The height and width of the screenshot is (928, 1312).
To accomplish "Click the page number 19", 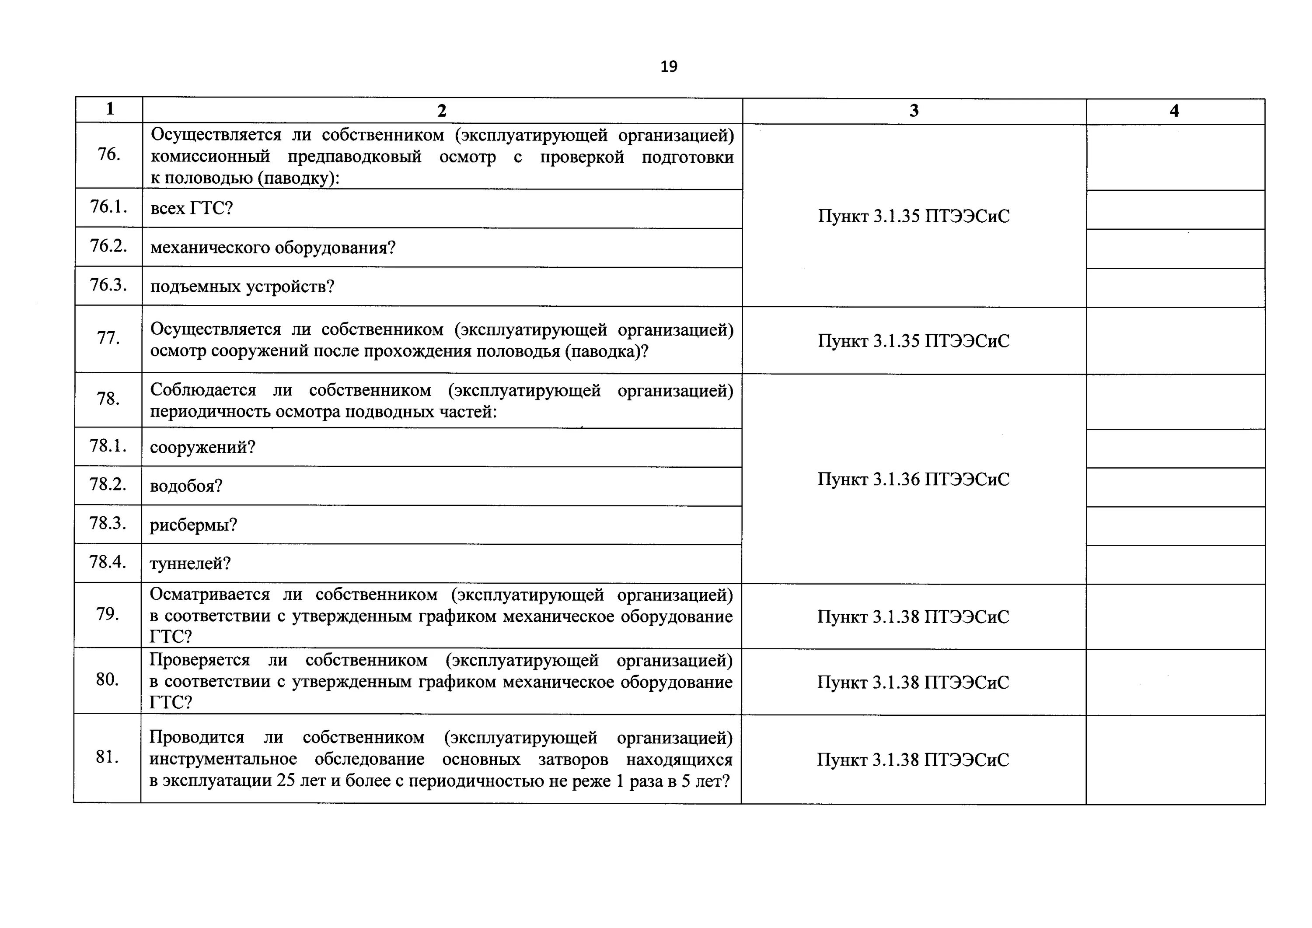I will [x=669, y=67].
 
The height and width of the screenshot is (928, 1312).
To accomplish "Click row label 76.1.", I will [x=108, y=207].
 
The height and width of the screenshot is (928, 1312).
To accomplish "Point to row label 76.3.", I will [x=108, y=285].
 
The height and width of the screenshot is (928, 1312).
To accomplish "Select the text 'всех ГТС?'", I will [x=192, y=208].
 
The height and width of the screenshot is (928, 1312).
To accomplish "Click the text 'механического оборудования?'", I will [x=272, y=248].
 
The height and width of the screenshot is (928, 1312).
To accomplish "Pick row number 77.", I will [x=108, y=339].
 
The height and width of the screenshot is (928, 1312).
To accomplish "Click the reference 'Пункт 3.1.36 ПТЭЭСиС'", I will [x=913, y=479].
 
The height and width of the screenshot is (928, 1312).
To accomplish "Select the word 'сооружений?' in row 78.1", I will [x=202, y=447].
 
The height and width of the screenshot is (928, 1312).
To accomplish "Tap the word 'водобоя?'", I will [x=186, y=486].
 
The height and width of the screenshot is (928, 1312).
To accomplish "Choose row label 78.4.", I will [x=108, y=562].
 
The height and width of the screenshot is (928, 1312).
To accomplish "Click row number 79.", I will [x=108, y=614].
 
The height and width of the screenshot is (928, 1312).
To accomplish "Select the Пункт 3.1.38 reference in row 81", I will [x=913, y=760].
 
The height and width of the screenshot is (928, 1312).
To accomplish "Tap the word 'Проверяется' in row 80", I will [x=199, y=660].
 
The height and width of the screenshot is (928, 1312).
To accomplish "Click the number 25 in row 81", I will [x=286, y=781].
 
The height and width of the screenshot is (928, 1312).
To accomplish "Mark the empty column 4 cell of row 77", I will [x=1175, y=341].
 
